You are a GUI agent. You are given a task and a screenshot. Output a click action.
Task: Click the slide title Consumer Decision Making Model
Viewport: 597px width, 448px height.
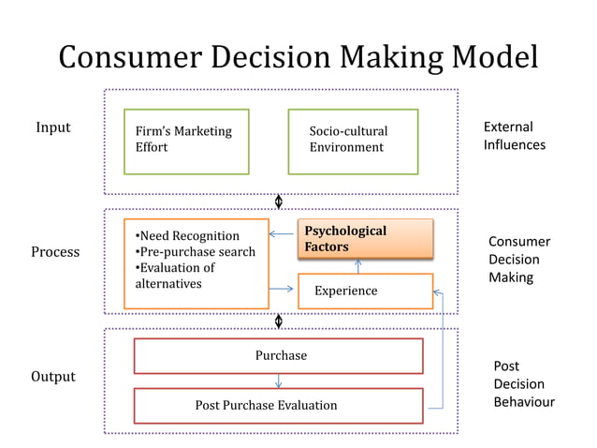click(x=298, y=57)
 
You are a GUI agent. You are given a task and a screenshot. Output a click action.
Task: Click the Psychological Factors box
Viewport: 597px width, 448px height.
click(x=365, y=238)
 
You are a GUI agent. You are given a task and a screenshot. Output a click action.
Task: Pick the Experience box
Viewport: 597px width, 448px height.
click(x=365, y=291)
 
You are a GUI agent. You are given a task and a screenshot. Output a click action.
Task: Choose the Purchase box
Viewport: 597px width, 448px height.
click(x=279, y=355)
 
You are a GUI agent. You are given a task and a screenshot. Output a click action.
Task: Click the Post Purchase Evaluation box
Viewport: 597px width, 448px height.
click(x=279, y=405)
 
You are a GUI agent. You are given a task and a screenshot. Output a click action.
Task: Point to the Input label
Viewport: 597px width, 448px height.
click(x=53, y=127)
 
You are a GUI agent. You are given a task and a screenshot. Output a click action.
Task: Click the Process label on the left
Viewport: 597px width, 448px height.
click(x=55, y=252)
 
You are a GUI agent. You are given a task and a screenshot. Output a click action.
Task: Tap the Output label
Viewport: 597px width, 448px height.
click(x=53, y=377)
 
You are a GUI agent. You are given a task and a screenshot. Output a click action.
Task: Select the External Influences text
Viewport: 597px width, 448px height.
click(x=514, y=136)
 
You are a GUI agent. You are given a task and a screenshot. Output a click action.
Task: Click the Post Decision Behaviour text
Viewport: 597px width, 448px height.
click(x=523, y=384)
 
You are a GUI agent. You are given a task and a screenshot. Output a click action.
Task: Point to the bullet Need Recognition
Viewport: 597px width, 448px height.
click(x=188, y=235)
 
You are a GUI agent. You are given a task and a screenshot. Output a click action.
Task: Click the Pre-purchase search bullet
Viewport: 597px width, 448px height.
click(x=196, y=251)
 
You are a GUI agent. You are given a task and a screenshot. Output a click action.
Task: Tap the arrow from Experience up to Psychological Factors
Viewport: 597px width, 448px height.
click(x=359, y=264)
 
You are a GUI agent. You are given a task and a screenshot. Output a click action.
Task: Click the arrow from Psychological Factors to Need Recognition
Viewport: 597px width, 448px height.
click(x=283, y=234)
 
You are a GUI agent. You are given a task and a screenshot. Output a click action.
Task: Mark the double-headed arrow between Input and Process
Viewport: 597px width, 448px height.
click(x=279, y=202)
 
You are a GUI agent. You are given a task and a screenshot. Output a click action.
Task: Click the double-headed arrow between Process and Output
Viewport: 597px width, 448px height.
click(x=279, y=321)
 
